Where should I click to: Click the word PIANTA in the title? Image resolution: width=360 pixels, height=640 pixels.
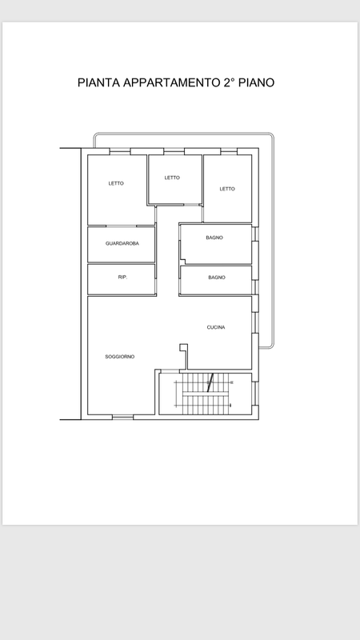point(98,83)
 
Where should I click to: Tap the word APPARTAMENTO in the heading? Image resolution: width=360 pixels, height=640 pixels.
point(171,83)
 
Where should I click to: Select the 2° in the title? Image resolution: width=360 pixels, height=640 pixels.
point(230,83)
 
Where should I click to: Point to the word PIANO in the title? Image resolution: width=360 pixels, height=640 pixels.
point(256,83)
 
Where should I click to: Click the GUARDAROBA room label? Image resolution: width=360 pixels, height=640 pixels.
point(122,244)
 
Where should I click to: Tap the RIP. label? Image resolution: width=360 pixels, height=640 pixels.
point(122,277)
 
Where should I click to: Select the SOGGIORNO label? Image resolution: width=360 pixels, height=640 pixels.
point(119,357)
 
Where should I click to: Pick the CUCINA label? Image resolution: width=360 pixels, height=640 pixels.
point(216,327)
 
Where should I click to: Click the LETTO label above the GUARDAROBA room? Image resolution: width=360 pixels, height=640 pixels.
point(116,184)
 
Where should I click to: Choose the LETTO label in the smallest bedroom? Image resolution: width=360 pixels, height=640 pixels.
point(172,178)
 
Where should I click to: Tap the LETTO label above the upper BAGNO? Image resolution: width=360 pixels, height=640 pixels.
point(227,189)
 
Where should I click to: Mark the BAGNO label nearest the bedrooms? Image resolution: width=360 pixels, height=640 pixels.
point(214,238)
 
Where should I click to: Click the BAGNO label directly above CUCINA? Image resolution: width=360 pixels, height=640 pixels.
point(217,278)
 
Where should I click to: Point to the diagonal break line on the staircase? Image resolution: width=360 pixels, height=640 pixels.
point(210,383)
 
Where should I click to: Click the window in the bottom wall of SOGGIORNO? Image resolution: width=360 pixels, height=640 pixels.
point(123,417)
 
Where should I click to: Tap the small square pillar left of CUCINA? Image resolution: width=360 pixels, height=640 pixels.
point(184,347)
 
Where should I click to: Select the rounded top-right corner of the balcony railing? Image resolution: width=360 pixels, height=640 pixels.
point(270,135)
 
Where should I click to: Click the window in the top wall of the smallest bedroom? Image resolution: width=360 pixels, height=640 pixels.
point(174,151)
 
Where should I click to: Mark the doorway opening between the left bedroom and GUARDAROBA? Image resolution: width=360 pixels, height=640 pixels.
point(122,226)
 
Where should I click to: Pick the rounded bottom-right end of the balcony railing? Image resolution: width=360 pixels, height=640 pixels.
point(271,346)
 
